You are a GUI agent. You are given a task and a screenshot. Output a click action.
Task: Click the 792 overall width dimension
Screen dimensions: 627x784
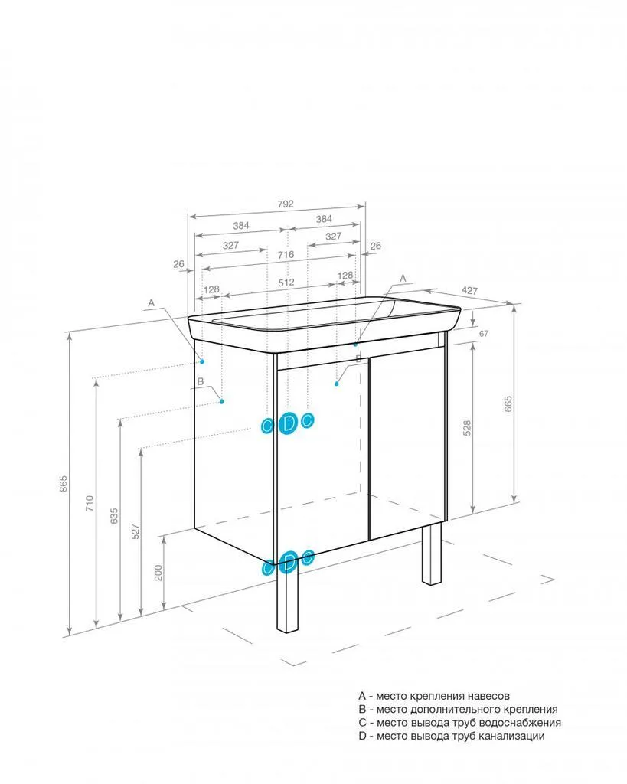point(285,204)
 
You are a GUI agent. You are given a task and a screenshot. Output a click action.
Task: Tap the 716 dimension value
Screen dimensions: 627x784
point(286,254)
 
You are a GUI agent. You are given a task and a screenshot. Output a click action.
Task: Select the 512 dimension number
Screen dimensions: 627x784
point(286,283)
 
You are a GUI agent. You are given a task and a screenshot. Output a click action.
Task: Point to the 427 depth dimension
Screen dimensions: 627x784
point(469,290)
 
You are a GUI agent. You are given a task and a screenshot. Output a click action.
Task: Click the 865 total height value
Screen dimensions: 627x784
point(63,484)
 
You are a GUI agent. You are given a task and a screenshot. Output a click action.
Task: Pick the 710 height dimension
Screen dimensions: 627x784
point(90,502)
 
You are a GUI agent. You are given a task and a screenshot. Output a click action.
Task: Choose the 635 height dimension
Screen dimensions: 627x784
point(114,516)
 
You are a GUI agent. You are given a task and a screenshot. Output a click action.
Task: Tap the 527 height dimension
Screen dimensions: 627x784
point(136,531)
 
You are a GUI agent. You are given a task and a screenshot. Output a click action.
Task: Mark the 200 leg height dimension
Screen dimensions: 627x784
point(158,573)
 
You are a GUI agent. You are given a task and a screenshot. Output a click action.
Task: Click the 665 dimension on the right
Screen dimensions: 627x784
point(508,404)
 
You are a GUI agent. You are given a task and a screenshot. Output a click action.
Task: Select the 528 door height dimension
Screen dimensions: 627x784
point(467,428)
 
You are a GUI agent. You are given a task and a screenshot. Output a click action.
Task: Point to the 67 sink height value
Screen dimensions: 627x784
point(484,334)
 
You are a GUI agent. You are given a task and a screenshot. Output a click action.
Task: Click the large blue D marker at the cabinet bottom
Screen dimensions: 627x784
point(288,563)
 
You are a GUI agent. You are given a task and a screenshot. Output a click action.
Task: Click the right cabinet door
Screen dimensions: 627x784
point(407,444)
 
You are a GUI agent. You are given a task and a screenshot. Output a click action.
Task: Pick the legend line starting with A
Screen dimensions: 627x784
point(434,696)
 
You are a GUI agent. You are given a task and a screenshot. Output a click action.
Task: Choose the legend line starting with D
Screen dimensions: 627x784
point(452,736)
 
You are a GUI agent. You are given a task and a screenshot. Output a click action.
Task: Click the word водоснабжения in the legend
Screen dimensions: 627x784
point(520,723)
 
